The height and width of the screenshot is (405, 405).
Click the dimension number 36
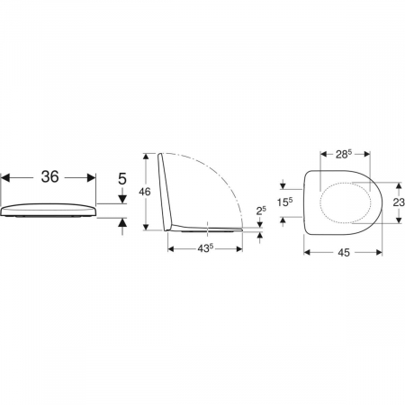(50, 176)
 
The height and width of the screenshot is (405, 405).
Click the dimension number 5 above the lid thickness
(122, 179)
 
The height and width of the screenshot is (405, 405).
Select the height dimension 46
(145, 192)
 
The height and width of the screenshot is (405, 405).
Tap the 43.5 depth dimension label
(205, 248)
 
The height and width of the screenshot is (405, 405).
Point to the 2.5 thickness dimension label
(261, 211)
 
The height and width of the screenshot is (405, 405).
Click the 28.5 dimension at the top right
(344, 154)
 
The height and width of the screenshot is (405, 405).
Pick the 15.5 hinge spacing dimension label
(284, 202)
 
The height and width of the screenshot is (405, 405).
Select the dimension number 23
(399, 202)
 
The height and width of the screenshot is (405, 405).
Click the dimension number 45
(344, 253)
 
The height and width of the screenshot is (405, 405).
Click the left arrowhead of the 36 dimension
(5, 177)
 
